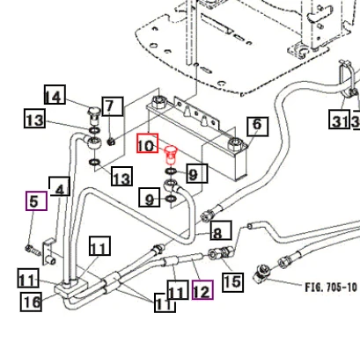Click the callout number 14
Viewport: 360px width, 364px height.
pyautogui.click(x=55, y=94)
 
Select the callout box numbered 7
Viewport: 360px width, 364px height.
pyautogui.click(x=113, y=106)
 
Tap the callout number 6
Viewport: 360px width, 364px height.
pyautogui.click(x=257, y=127)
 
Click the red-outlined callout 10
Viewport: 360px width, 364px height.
pyautogui.click(x=147, y=143)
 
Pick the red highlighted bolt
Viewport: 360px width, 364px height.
pyautogui.click(x=171, y=156)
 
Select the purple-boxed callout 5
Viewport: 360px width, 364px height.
pyautogui.click(x=36, y=200)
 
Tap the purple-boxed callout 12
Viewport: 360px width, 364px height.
pyautogui.click(x=202, y=290)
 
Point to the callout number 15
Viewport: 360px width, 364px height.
pyautogui.click(x=232, y=282)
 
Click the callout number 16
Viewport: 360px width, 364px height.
pyautogui.click(x=31, y=302)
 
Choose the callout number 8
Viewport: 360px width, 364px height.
pyautogui.click(x=221, y=230)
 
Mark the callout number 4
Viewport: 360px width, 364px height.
pyautogui.click(x=60, y=186)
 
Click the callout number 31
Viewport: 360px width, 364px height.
pyautogui.click(x=339, y=119)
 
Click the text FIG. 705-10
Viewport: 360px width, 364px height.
pyautogui.click(x=331, y=288)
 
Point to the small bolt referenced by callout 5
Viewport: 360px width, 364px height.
pyautogui.click(x=33, y=250)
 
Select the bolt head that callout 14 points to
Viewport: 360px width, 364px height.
pyautogui.click(x=94, y=115)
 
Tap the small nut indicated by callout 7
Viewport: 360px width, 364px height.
pyautogui.click(x=111, y=142)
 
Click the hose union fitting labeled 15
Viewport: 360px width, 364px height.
pyautogui.click(x=221, y=252)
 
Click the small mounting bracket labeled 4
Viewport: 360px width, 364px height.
pyautogui.click(x=49, y=252)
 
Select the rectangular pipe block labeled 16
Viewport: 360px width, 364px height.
pyautogui.click(x=71, y=288)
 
